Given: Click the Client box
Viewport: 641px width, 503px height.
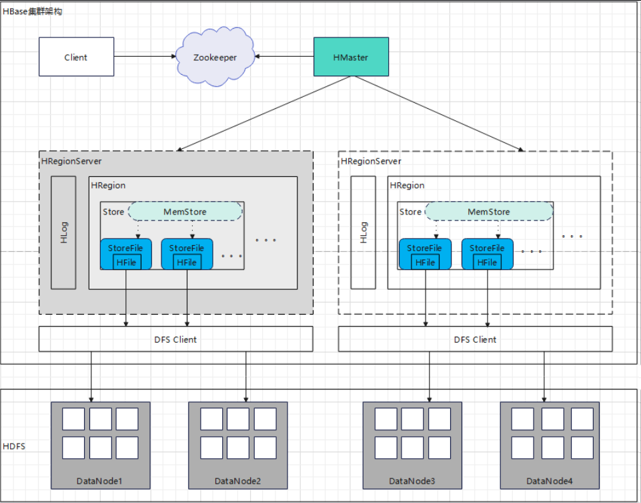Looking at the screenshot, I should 75,57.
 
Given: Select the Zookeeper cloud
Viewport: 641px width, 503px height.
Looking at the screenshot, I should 215,57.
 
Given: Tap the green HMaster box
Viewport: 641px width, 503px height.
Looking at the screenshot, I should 350,57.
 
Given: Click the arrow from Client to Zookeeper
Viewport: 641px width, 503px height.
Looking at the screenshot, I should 143,57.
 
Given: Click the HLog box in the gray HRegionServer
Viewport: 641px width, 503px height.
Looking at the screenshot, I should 64,232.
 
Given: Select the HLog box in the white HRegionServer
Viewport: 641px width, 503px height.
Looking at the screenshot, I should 364,232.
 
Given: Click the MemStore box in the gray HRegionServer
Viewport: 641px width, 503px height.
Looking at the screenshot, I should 185,212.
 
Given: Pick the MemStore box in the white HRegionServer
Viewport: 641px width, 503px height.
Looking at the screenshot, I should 488,212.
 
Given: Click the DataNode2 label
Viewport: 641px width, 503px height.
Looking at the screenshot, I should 237,481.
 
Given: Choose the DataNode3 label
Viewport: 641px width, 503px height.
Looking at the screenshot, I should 412,481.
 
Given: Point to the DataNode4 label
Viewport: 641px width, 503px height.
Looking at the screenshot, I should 549,481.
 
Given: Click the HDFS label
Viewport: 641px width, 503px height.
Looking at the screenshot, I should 14,446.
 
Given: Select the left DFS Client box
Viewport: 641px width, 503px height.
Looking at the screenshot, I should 175,339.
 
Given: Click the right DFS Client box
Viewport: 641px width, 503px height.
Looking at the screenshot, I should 475,339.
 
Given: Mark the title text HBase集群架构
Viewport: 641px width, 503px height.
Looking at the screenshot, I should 33,12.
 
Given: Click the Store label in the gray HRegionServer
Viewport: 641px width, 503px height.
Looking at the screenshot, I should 113,212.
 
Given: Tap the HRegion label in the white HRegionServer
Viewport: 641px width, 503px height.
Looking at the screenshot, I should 407,185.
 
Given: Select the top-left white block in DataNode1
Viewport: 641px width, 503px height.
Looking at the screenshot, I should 73,419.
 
